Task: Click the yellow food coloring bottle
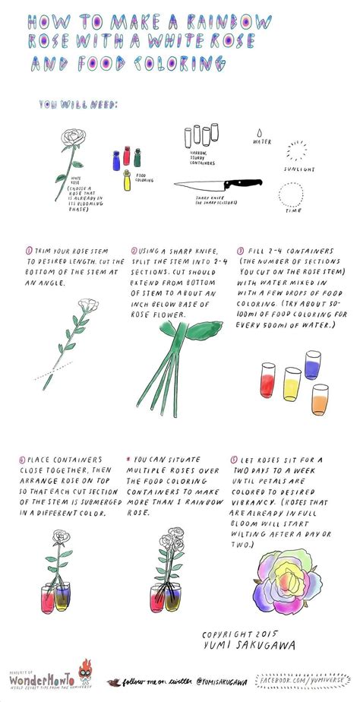point(128,181)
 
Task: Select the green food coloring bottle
point(137,157)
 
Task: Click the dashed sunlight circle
point(298,150)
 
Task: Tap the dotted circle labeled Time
point(290,195)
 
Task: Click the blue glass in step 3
point(312,365)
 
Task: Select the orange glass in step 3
point(320,399)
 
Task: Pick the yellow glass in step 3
point(292,384)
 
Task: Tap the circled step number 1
point(28,249)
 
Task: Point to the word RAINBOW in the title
point(232,21)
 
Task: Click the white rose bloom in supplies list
point(74,138)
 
